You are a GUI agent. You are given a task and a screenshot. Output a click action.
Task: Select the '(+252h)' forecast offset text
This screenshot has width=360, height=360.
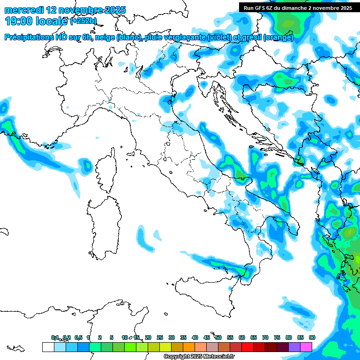[83, 21]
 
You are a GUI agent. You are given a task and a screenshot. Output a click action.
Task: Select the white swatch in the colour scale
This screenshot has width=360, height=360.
[48, 347]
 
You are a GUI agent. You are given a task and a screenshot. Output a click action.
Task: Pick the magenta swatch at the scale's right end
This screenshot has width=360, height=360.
[306, 347]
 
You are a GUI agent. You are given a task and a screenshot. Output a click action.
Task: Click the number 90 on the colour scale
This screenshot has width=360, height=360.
[312, 337]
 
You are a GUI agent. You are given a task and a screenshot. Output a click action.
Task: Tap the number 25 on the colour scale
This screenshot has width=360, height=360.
[160, 337]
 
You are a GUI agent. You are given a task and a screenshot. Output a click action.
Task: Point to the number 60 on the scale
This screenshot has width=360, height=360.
[242, 337]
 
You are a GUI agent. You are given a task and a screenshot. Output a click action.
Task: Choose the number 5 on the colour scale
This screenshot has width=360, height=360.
[112, 337]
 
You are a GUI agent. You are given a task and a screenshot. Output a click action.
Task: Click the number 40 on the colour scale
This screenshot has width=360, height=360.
[195, 337]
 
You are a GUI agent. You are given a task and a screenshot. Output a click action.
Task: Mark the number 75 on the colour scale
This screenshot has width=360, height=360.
[277, 337]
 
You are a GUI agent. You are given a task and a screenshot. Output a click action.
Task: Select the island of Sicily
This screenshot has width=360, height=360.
[206, 295]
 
